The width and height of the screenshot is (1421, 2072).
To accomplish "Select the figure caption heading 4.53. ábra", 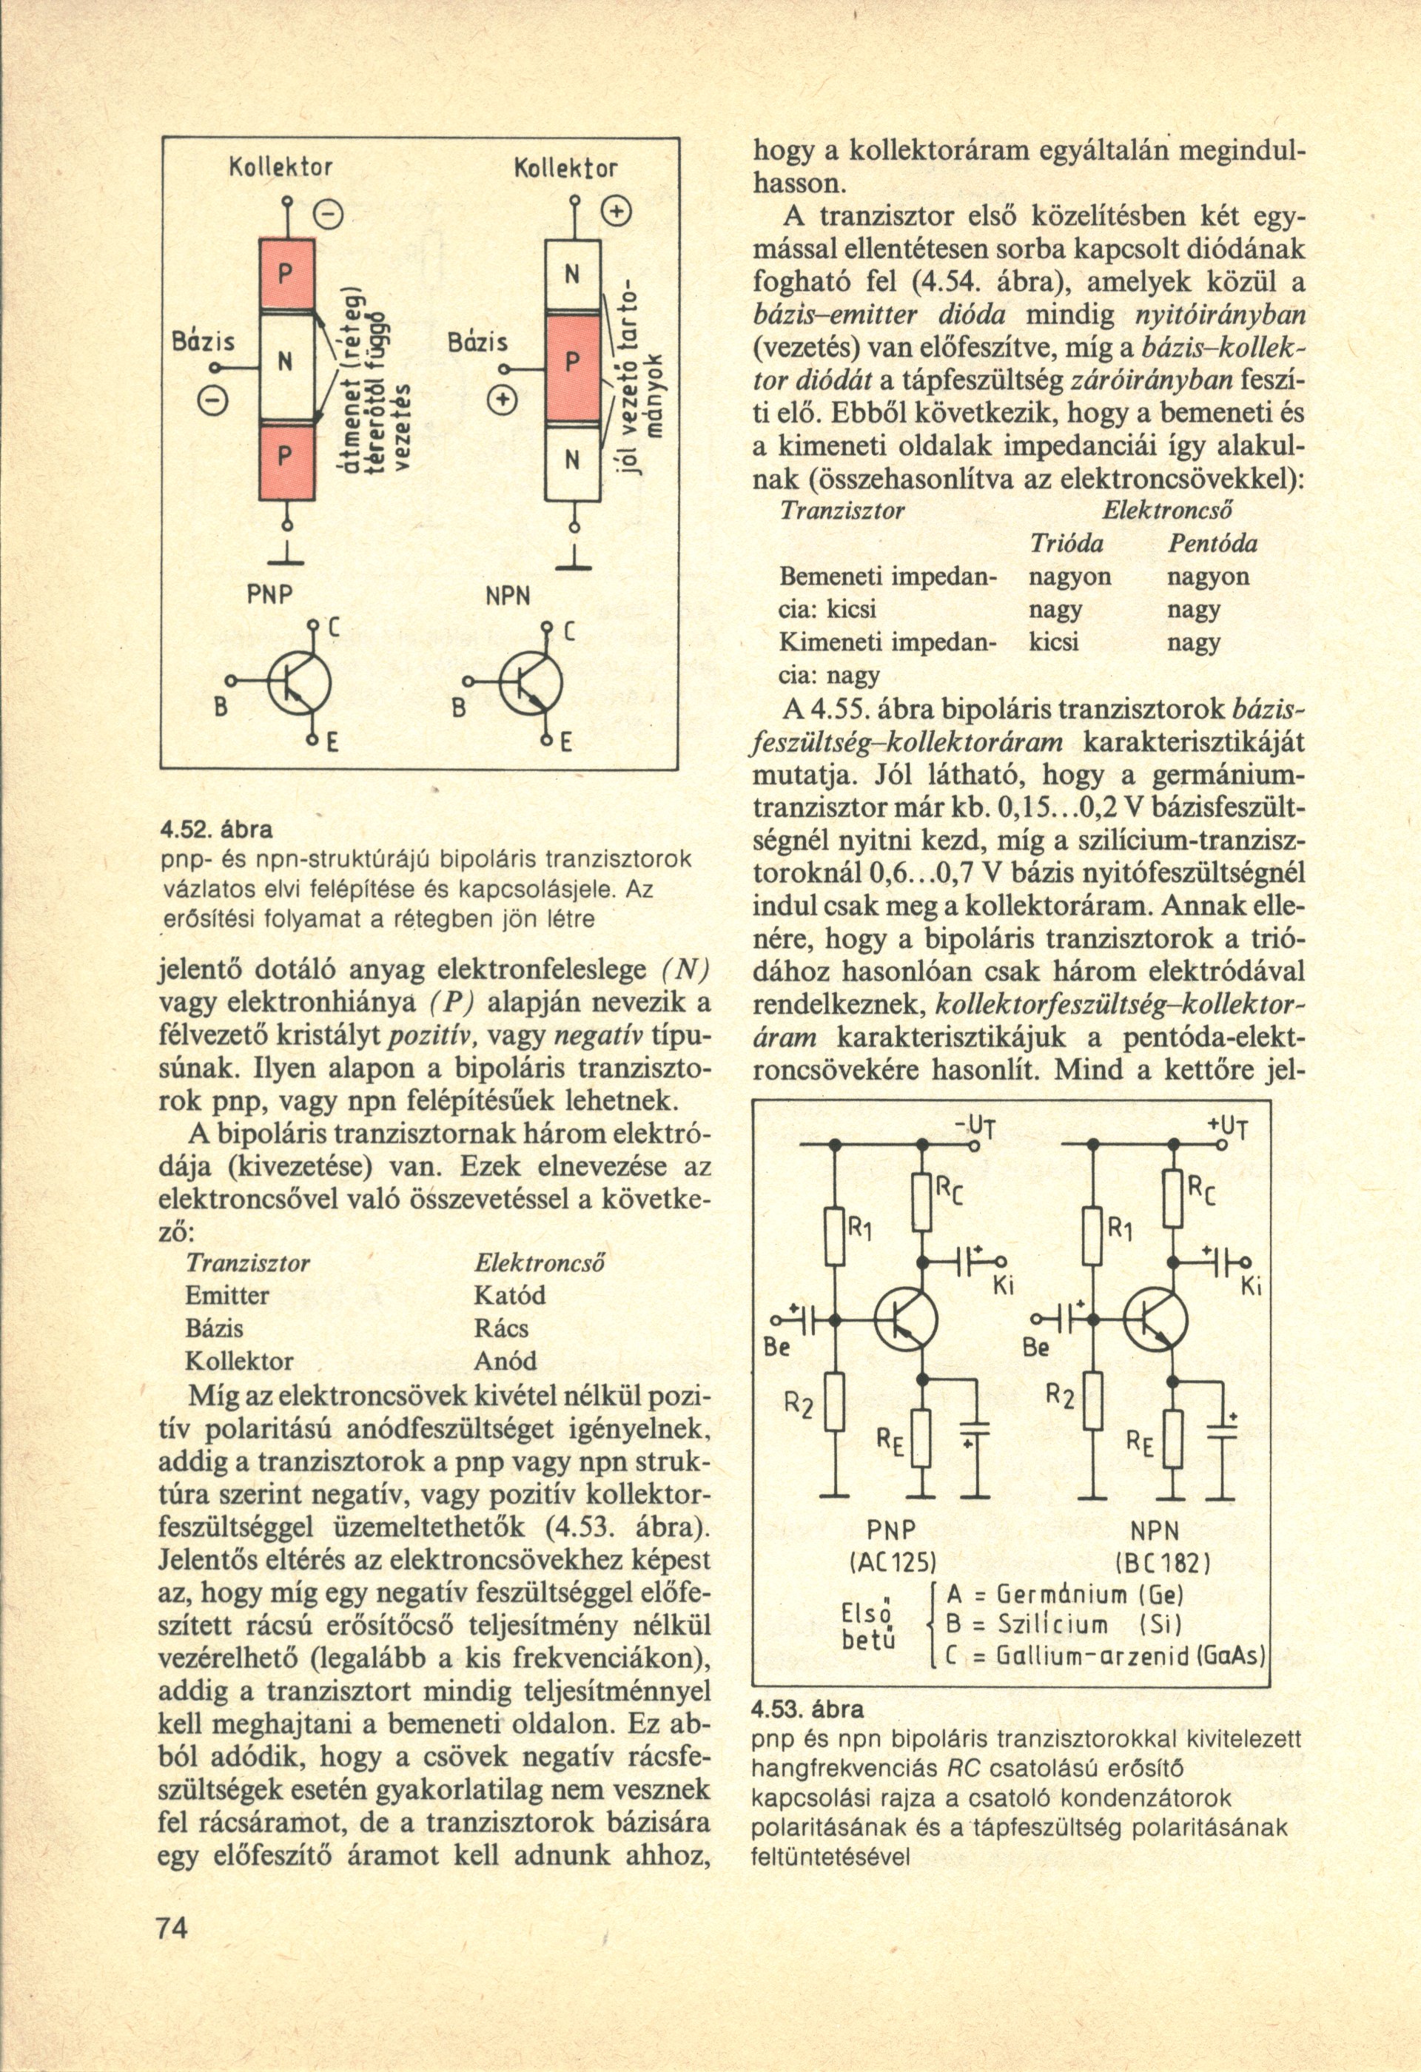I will pos(808,1710).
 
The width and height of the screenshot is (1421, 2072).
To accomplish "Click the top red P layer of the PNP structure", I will pos(286,273).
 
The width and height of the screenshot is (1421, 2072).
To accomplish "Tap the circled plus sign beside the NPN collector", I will pos(615,213).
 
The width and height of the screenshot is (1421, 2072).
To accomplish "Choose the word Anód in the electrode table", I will pos(506,1362).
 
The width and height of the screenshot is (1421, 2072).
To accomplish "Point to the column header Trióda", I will pos(1067,543).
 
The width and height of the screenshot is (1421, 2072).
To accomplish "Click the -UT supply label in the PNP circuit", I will pos(970,1127).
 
